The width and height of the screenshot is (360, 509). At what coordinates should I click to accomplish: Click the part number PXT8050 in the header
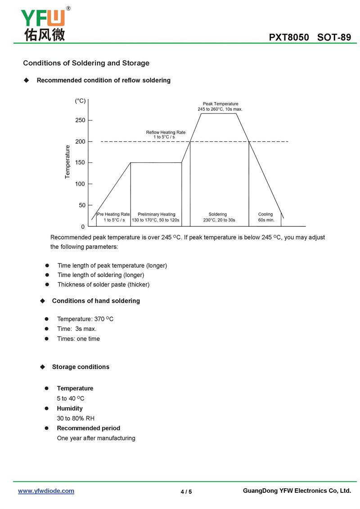click(289, 37)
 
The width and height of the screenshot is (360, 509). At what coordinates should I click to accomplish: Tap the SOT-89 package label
click(334, 37)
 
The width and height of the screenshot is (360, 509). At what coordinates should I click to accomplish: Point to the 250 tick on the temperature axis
click(80, 120)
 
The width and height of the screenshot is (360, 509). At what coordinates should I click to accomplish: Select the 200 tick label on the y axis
click(80, 141)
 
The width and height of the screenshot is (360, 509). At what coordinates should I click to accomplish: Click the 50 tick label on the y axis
click(82, 205)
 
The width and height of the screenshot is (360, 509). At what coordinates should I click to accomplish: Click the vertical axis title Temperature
click(67, 162)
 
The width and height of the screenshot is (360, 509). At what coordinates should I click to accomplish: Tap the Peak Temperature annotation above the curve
click(220, 107)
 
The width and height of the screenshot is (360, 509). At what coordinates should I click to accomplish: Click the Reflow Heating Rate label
click(166, 135)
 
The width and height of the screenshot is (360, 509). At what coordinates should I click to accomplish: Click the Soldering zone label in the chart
click(218, 214)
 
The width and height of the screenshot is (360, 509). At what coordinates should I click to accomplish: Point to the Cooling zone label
click(265, 214)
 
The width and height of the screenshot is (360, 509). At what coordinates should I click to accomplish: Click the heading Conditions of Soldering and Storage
click(86, 63)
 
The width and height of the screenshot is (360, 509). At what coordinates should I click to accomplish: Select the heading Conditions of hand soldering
click(96, 301)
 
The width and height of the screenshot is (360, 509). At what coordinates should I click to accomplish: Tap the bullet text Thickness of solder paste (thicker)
click(103, 284)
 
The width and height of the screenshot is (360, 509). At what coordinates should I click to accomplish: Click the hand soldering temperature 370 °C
click(104, 319)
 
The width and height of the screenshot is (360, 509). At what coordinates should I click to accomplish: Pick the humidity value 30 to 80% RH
click(76, 418)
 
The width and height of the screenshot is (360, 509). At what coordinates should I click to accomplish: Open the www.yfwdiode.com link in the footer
click(46, 491)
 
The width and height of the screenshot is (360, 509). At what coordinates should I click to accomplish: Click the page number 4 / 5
click(186, 491)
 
